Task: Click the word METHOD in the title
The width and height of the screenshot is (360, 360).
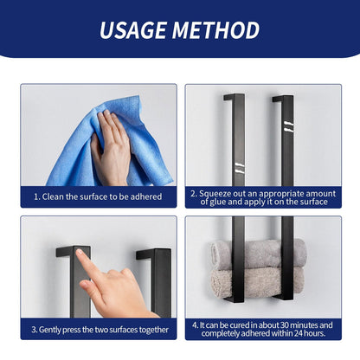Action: coord(217,30)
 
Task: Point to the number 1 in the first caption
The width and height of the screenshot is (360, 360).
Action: coord(36,197)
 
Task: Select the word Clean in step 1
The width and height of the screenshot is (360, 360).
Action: coord(55,197)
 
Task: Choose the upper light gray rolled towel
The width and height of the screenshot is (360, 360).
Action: coord(259,254)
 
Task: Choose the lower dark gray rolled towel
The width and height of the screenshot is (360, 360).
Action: coord(259,280)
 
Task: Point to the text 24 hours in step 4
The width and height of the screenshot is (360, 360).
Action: coord(299,333)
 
